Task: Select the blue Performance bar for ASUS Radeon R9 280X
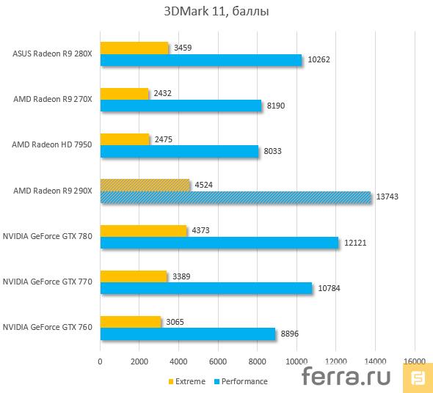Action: pos(201,60)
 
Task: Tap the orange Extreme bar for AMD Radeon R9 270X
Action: pos(124,93)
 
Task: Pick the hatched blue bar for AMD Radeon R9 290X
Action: pos(236,197)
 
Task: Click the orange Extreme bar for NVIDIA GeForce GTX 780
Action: pos(143,230)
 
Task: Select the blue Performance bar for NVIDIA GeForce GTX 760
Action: pos(188,334)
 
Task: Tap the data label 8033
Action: pos(272,152)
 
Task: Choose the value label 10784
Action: pos(327,289)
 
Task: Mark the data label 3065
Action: pos(175,322)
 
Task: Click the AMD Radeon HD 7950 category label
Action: pos(51,145)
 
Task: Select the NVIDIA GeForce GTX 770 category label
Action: pos(48,282)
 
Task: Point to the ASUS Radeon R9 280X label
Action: pos(52,54)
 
